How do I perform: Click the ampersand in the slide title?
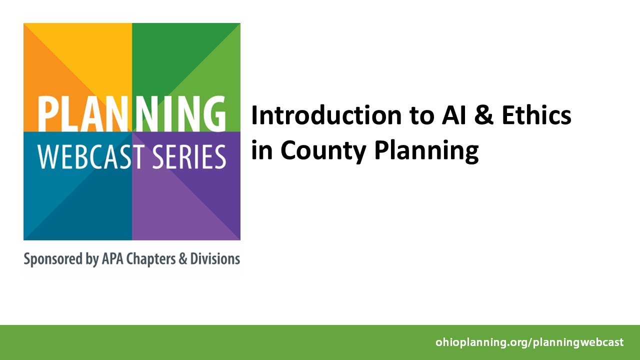pos(477,115)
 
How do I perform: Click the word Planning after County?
pos(426,150)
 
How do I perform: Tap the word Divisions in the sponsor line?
pos(215,259)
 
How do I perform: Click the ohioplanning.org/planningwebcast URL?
pos(529,342)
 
